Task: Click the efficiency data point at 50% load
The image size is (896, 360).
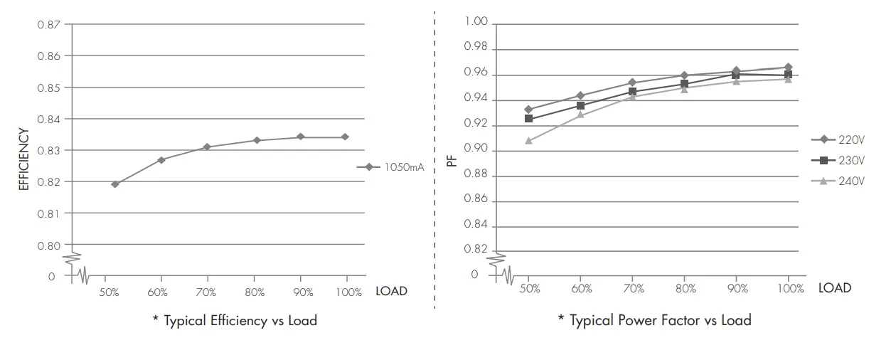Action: tap(115, 184)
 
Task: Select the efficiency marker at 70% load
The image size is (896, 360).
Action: tap(208, 147)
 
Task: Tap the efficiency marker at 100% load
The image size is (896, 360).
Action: tap(346, 137)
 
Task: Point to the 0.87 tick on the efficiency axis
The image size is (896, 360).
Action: tap(49, 24)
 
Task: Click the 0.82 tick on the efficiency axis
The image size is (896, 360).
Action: tap(49, 181)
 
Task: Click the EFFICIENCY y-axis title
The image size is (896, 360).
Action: tap(23, 159)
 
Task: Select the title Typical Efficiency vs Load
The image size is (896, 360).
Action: tap(235, 321)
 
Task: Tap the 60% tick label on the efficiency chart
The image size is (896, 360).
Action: tap(158, 292)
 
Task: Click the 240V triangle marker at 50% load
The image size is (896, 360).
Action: tap(528, 141)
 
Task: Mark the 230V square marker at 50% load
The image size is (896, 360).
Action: tap(528, 118)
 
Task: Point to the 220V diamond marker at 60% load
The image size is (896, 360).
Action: tap(580, 95)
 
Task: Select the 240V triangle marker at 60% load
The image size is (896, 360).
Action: tap(580, 114)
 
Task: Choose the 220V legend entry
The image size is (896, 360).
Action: tap(838, 139)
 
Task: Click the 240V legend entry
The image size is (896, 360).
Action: tap(838, 181)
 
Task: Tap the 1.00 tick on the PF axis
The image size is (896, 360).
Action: tap(476, 22)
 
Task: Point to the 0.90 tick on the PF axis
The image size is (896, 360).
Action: tap(476, 149)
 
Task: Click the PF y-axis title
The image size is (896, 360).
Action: tap(451, 161)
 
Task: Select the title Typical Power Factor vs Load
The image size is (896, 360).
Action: tap(655, 321)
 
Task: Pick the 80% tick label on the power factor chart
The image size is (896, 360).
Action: tap(686, 289)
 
